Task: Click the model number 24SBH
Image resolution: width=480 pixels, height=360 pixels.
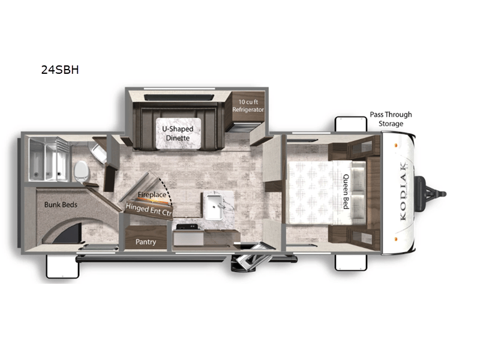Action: click(x=60, y=70)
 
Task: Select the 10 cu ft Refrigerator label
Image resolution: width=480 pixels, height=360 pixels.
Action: click(x=248, y=106)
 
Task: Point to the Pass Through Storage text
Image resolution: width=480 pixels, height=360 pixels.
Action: click(x=391, y=119)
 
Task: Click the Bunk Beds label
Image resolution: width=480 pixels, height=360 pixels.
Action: click(x=61, y=205)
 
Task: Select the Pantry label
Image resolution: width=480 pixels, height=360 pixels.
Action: click(x=145, y=242)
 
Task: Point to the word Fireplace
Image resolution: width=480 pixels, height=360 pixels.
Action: click(x=151, y=195)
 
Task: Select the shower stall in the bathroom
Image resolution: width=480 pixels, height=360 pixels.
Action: click(x=46, y=158)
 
